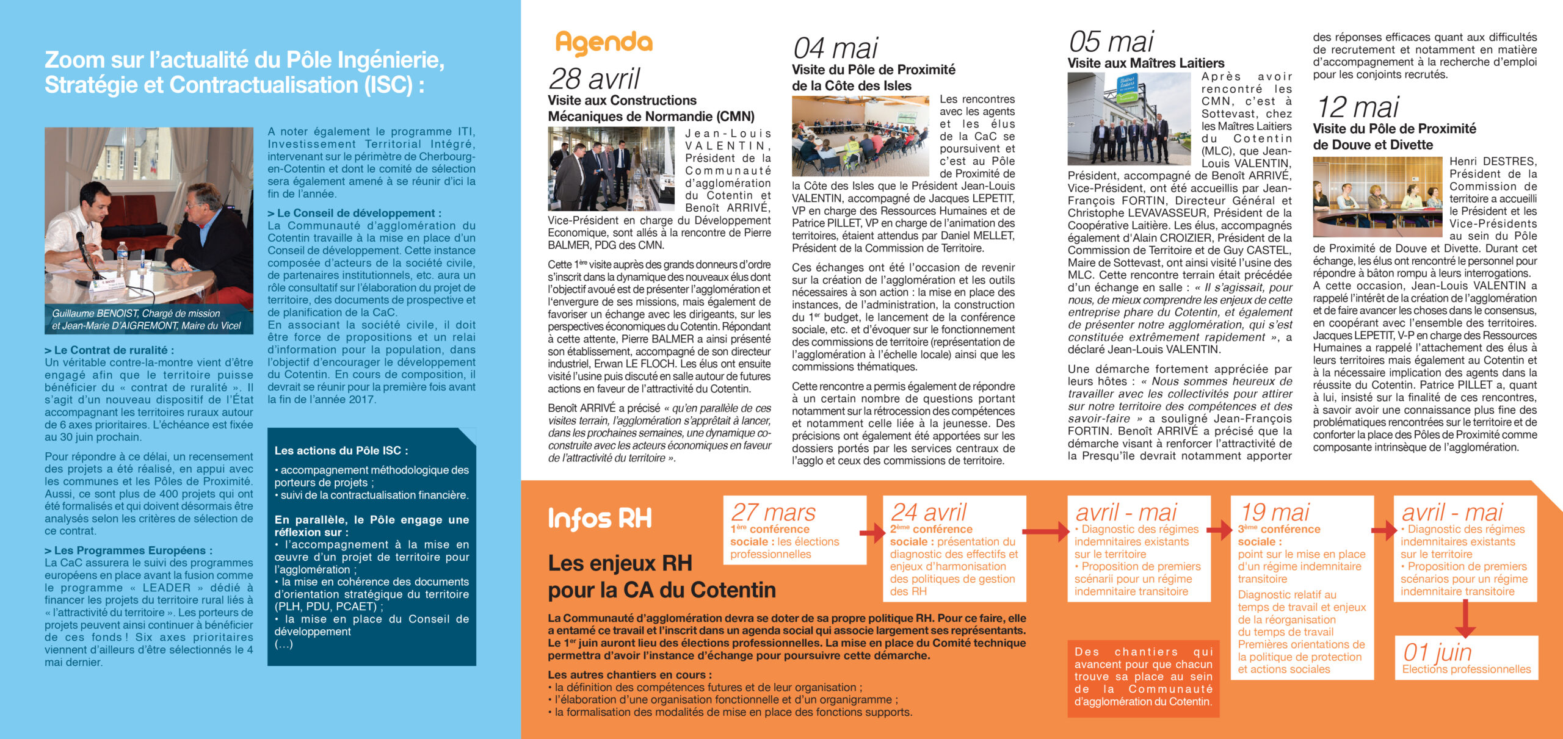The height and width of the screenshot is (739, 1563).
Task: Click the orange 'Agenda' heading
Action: tap(603, 43)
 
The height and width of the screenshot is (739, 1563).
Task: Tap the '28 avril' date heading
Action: tap(594, 79)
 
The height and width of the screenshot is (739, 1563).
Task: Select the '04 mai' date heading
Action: tap(835, 48)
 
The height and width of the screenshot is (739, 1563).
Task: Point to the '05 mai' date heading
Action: tap(1111, 42)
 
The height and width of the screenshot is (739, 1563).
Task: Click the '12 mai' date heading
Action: tap(1357, 107)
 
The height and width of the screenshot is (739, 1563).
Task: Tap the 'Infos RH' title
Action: tap(600, 519)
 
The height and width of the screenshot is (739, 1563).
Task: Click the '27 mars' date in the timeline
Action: tap(773, 512)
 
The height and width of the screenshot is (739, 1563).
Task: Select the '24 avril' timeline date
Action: tap(929, 512)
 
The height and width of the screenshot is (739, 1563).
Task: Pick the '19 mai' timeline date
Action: tap(1275, 512)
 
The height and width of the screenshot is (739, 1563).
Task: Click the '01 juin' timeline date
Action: tap(1436, 652)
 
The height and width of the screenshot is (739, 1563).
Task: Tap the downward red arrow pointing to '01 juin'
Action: tap(1465, 619)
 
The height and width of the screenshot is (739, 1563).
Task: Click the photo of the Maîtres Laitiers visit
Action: tap(1129, 119)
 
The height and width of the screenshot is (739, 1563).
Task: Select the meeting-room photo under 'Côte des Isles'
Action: tap(861, 136)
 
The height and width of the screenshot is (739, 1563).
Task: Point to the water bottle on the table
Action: tap(122, 257)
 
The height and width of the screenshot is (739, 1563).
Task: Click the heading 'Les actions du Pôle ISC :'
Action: tap(341, 451)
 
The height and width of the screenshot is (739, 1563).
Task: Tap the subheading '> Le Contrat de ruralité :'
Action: tap(109, 350)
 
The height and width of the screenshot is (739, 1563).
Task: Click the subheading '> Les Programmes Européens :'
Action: tap(129, 550)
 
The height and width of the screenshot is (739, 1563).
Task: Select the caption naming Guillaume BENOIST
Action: tap(147, 320)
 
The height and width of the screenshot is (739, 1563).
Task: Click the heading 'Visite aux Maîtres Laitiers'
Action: tap(1145, 63)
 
